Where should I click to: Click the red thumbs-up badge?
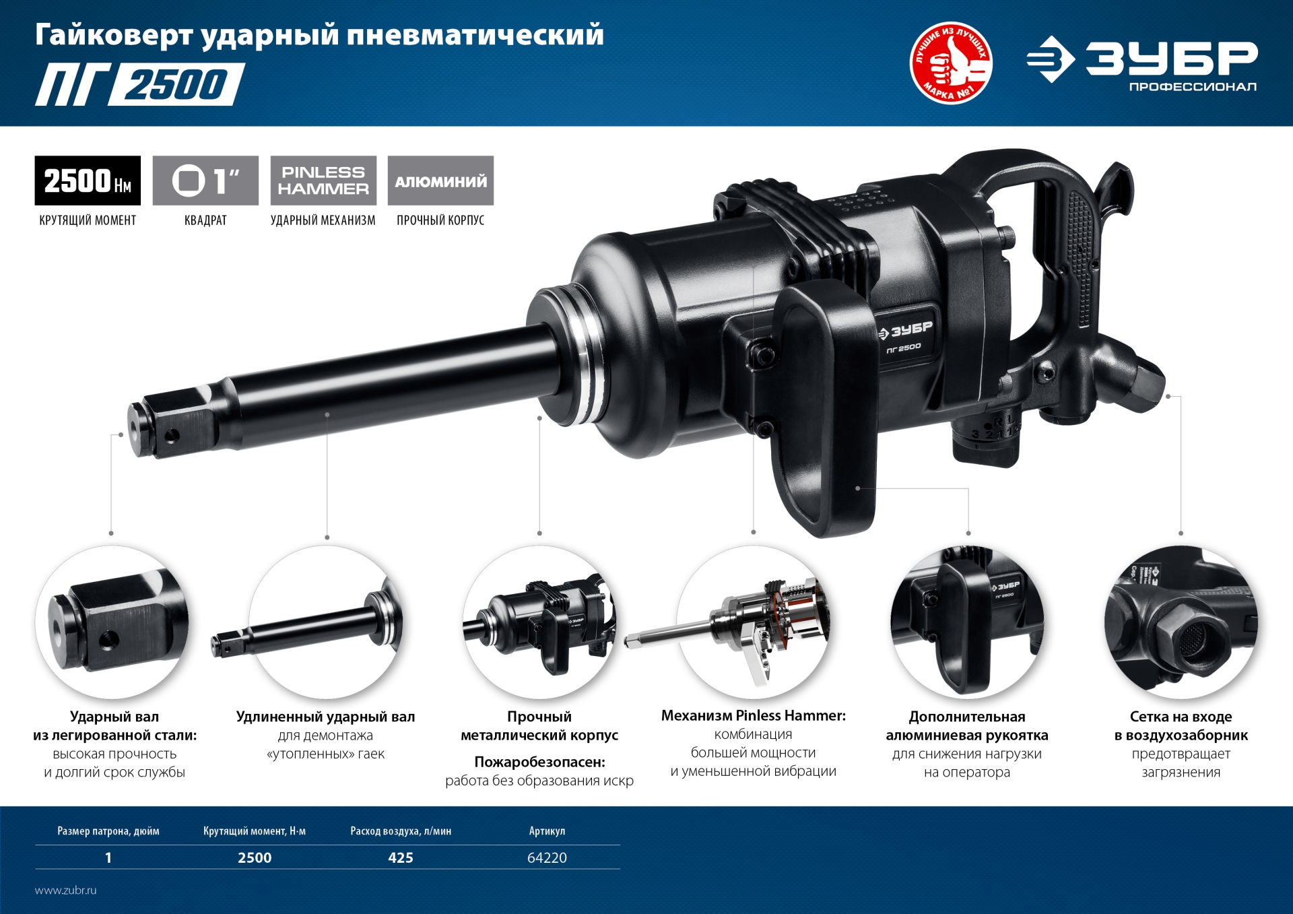(951, 63)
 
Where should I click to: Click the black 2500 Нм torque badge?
(88, 181)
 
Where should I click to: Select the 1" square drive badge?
(205, 181)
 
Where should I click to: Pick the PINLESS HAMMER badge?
(323, 181)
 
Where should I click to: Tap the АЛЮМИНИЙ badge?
(440, 181)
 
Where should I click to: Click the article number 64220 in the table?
(547, 857)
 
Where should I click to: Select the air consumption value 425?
(401, 857)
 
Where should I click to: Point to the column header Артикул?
(547, 831)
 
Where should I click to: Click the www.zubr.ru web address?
(66, 890)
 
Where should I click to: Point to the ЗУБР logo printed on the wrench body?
(906, 331)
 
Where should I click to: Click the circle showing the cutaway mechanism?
(753, 622)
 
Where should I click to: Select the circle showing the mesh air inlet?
(1181, 622)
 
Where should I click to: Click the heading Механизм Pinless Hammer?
(753, 715)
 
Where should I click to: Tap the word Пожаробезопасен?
(539, 762)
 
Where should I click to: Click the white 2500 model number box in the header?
(176, 85)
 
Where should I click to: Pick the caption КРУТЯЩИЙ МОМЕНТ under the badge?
(88, 220)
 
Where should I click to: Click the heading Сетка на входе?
(1181, 717)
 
